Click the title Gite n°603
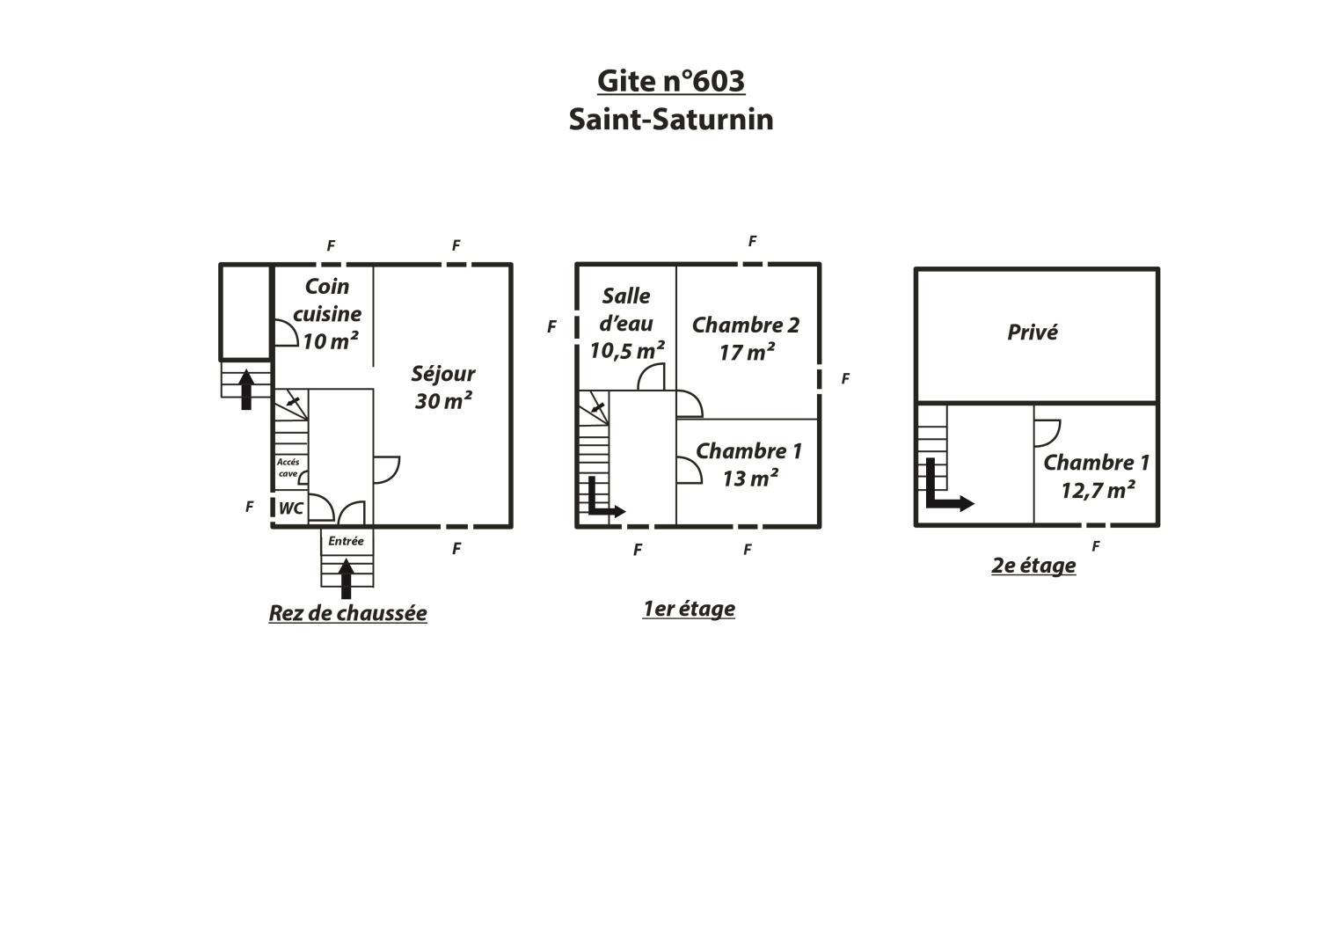point(671,82)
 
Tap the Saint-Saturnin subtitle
point(671,120)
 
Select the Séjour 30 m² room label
point(443,387)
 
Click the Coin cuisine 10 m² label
point(327,314)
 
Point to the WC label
point(291,508)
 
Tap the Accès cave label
point(288,468)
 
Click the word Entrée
point(346,541)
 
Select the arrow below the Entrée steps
point(346,579)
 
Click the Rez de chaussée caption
point(347,614)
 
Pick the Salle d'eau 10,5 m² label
point(626,324)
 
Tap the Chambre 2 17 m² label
point(746,339)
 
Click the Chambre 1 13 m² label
point(748,464)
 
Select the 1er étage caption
point(689,609)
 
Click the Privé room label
point(1033,332)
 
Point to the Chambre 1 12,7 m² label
point(1097,477)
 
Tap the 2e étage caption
point(1033,566)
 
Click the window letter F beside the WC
point(250,508)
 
